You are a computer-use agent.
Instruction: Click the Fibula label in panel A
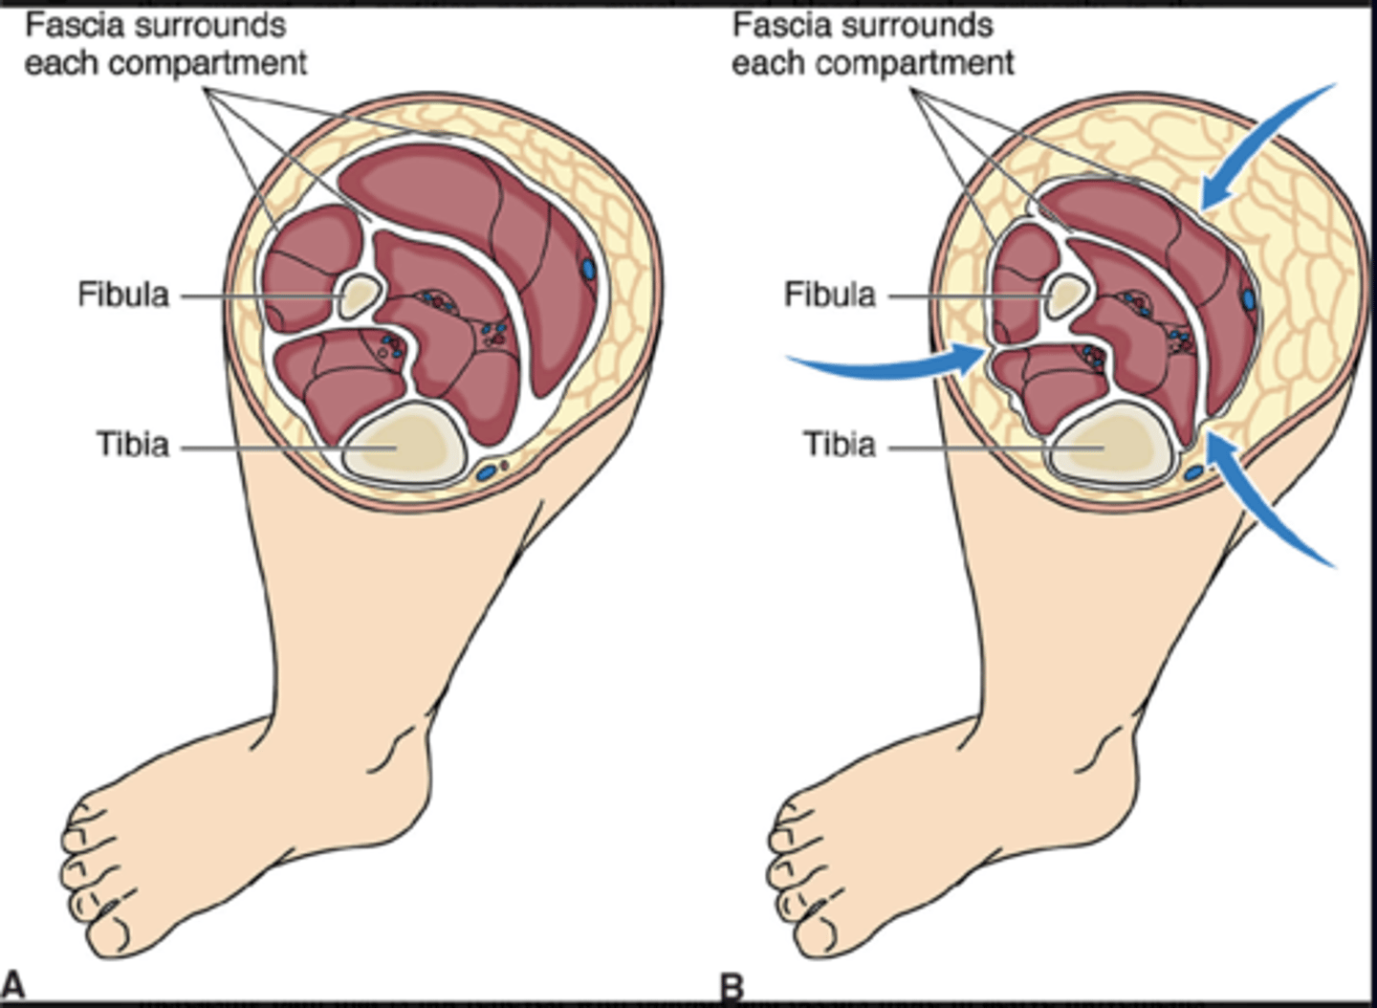[x=123, y=295]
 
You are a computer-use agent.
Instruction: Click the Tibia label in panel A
[x=132, y=445]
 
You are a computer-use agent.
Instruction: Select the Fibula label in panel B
[x=830, y=295]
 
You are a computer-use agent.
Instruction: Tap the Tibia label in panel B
[x=839, y=445]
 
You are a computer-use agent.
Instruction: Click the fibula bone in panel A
[x=361, y=296]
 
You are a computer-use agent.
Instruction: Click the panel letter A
[x=12, y=985]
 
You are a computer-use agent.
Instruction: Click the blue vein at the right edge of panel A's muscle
[x=588, y=269]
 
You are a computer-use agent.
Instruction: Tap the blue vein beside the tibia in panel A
[x=487, y=471]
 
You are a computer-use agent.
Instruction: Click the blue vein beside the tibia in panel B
[x=1192, y=472]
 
